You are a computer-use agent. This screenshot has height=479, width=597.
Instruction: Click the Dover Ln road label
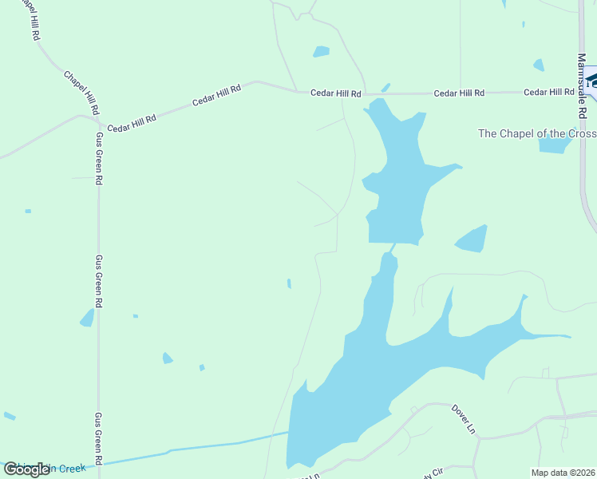point(463,418)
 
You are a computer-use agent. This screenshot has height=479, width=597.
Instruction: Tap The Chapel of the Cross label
point(536,133)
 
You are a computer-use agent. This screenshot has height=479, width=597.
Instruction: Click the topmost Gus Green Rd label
point(100,158)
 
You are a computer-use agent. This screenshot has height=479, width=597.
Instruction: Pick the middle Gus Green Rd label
point(99,281)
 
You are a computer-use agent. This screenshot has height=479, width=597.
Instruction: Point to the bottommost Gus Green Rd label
point(99,439)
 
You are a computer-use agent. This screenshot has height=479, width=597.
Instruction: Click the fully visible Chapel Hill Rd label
point(82,92)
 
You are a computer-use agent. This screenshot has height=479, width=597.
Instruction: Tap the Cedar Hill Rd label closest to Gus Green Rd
point(132,122)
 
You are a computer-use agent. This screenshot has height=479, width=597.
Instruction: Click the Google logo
point(27,469)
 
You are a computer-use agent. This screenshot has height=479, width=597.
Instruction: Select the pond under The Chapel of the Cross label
point(555,144)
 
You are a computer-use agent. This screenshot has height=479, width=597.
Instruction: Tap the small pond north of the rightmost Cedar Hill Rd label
point(539,65)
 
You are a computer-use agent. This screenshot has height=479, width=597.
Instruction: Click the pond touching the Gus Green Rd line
point(87,318)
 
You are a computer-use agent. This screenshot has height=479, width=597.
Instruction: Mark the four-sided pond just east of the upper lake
point(472,239)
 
